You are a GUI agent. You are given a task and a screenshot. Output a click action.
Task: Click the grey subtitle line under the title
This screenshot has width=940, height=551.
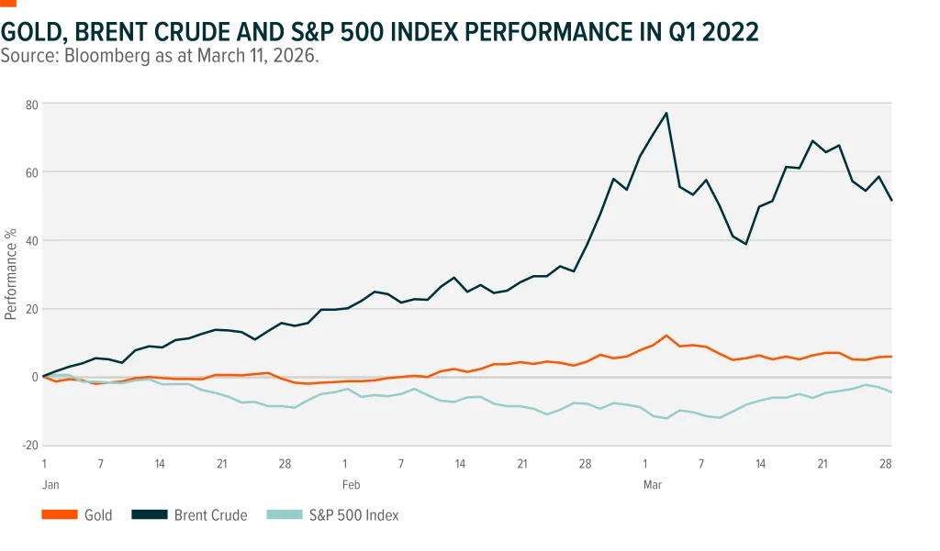[161, 57]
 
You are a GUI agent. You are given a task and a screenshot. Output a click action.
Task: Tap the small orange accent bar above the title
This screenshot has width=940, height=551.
[10, 4]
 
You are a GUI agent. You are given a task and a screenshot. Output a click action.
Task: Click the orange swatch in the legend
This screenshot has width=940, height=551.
[59, 513]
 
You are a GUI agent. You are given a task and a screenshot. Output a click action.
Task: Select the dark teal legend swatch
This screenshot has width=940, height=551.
[147, 513]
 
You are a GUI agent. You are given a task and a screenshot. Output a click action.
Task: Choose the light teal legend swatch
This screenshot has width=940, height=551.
[285, 513]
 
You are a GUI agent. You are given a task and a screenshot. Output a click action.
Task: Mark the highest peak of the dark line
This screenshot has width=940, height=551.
[666, 113]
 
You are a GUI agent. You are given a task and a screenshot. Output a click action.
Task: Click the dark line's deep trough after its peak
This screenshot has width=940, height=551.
[745, 244]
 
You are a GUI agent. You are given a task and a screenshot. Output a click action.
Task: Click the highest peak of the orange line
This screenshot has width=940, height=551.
[666, 336]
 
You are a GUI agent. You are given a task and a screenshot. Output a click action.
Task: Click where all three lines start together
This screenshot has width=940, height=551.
[42, 377]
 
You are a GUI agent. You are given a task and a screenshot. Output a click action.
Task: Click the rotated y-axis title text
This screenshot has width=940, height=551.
[11, 275]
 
